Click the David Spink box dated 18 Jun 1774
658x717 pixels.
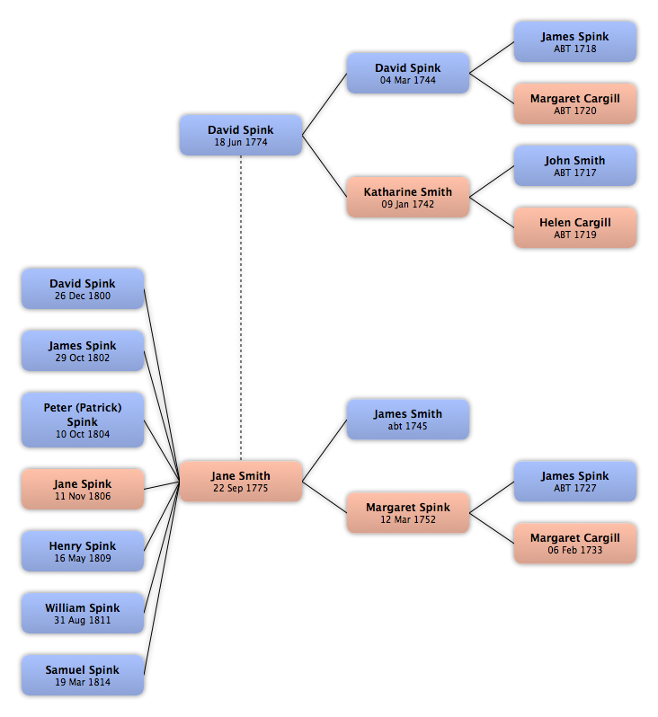(241, 135)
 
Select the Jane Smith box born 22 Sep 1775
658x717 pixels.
(241, 481)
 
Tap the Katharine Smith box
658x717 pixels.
(408, 197)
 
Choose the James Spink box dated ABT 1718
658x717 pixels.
(575, 41)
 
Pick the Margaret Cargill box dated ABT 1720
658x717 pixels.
(575, 104)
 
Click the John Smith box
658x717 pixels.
(575, 165)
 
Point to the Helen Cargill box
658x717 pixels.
(575, 227)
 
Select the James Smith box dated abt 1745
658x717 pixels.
(408, 420)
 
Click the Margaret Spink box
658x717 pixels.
(408, 513)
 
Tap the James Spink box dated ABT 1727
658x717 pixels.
(575, 481)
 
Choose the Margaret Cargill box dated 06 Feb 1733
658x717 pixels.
(575, 544)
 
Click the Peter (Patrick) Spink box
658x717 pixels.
(83, 420)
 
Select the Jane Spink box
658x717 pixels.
(83, 489)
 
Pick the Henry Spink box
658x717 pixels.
(83, 551)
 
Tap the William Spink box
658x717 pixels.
(83, 613)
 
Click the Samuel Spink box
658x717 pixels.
(83, 675)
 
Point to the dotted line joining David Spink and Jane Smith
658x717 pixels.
(241, 308)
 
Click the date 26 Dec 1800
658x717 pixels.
(83, 296)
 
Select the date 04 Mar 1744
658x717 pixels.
(408, 80)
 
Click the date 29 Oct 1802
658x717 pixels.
(83, 358)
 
